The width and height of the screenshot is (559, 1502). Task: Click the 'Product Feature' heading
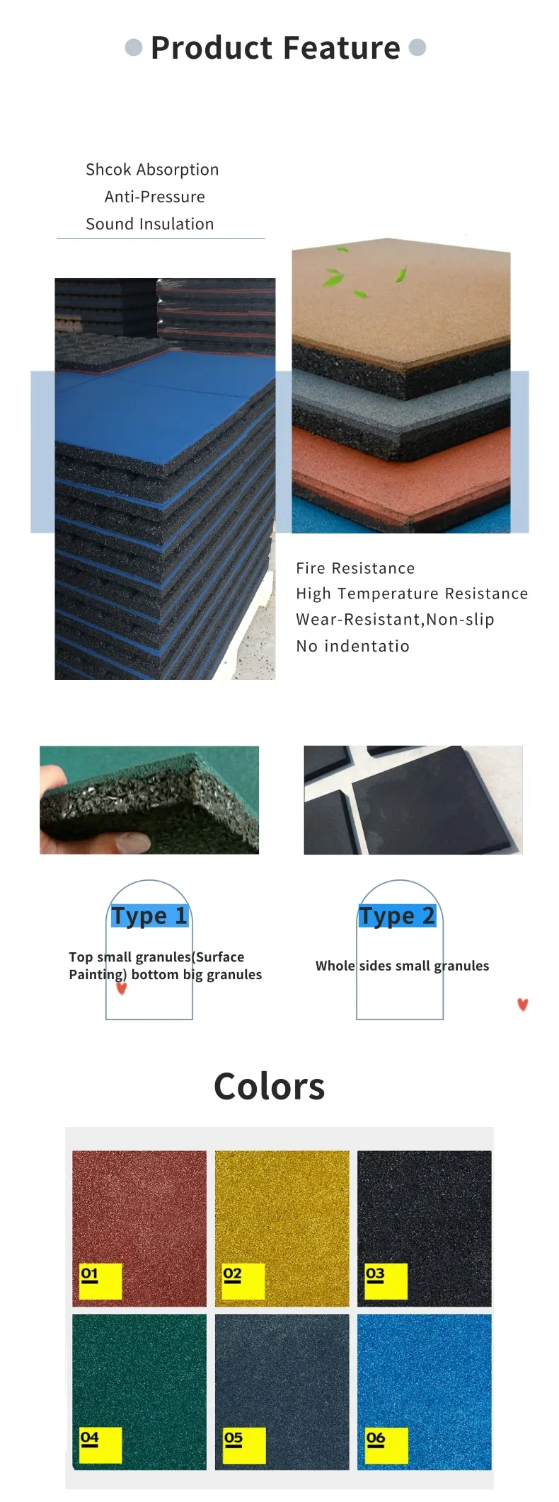click(x=275, y=48)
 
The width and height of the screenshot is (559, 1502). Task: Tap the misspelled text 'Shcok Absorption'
click(x=152, y=170)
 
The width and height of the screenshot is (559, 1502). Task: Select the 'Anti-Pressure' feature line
click(x=154, y=197)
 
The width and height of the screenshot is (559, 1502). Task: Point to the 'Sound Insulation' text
click(x=149, y=224)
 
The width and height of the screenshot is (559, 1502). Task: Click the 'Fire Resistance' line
click(x=355, y=568)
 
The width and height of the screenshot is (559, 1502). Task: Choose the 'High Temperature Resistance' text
click(x=412, y=594)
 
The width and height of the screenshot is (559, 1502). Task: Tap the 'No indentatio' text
click(x=352, y=646)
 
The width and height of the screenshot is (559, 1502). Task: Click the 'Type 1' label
click(x=149, y=915)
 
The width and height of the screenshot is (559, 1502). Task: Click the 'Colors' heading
click(x=269, y=1086)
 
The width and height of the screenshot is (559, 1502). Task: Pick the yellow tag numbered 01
click(x=100, y=1281)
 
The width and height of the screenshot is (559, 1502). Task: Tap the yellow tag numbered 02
click(x=243, y=1281)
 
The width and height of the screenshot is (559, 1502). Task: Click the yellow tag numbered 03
click(x=386, y=1281)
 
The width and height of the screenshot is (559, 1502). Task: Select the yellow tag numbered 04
click(x=100, y=1445)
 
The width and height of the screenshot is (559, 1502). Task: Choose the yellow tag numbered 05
click(x=244, y=1445)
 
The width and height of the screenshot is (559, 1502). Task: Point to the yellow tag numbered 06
click(x=386, y=1445)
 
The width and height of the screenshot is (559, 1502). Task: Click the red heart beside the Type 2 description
click(x=523, y=1005)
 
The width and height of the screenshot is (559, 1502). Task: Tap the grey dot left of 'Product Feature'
click(x=134, y=47)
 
